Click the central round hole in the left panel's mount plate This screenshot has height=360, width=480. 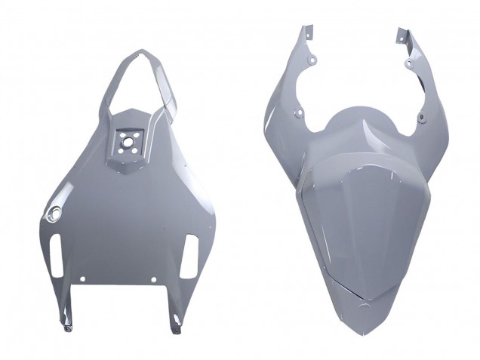click(128, 140)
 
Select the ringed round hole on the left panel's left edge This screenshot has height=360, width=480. click(54, 214)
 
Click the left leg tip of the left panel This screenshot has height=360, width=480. click(66, 326)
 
